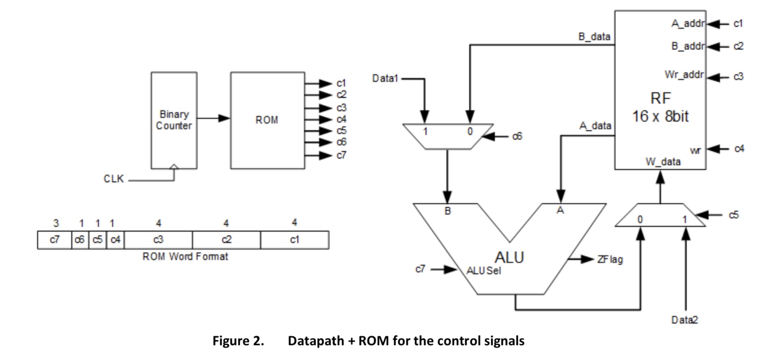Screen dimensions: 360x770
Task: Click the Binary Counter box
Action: tap(174, 120)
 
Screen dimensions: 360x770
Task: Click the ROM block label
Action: tap(267, 120)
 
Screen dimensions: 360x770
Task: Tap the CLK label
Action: tap(114, 179)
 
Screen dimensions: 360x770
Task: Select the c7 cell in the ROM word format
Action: tap(54, 240)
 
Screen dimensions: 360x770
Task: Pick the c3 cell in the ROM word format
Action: tap(158, 240)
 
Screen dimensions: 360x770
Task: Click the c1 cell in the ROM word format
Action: tap(294, 240)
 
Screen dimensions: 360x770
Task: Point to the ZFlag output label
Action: tap(610, 259)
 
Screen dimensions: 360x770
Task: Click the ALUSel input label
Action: tap(484, 271)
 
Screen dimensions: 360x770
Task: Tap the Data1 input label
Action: tap(385, 78)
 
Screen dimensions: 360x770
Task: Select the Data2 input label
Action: tap(685, 320)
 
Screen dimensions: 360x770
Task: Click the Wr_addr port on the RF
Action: tap(684, 75)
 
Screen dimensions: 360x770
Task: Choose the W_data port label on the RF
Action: tap(663, 162)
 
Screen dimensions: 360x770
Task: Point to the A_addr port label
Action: tap(688, 24)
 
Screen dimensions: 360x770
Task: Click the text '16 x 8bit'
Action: tap(660, 116)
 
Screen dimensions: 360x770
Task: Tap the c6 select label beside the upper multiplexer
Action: tap(517, 136)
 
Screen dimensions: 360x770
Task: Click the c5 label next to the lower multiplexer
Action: tap(733, 215)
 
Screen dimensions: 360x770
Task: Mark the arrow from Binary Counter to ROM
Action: tap(213, 118)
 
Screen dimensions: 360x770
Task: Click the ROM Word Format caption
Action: tap(185, 257)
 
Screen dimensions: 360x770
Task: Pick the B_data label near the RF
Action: tap(594, 37)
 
